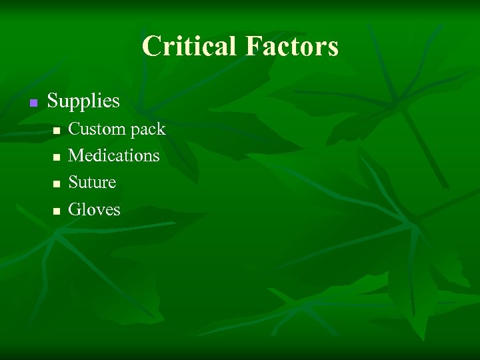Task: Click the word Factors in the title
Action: [x=292, y=47]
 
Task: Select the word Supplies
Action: [x=83, y=101]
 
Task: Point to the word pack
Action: [x=148, y=129]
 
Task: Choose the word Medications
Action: [x=114, y=155]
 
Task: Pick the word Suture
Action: [x=92, y=182]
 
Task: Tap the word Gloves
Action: [x=94, y=209]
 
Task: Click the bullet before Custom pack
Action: [x=57, y=130]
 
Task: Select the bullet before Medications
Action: [x=57, y=157]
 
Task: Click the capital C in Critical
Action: [x=151, y=47]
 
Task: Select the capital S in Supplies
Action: [x=53, y=101]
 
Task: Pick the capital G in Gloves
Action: [x=75, y=209]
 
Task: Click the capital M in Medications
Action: [x=76, y=155]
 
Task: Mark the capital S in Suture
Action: [x=73, y=182]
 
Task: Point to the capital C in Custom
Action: [x=75, y=128]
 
